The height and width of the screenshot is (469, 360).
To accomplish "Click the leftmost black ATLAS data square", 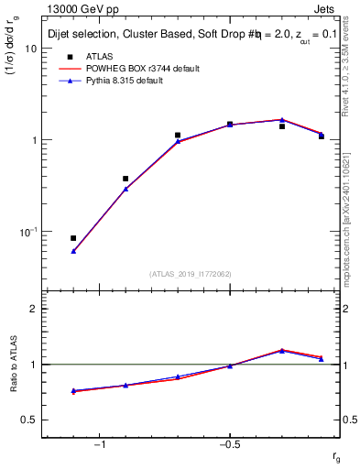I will [73, 238].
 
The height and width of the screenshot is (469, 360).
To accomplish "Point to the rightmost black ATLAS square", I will [322, 136].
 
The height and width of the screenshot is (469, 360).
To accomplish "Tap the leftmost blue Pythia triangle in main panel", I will [73, 250].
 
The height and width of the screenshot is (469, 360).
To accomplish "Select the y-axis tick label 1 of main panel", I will [35, 140].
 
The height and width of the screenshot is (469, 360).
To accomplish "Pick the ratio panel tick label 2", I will [35, 310].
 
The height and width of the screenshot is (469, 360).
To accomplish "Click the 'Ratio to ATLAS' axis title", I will [13, 365].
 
